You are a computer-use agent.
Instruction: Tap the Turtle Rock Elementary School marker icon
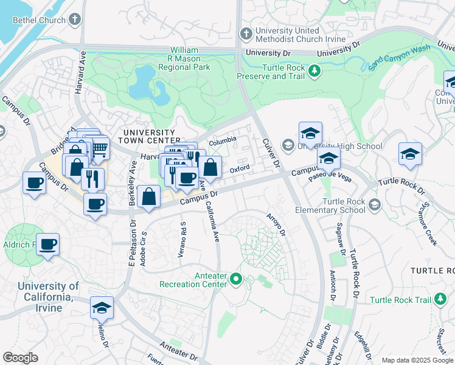[374, 204]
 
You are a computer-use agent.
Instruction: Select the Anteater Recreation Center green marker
[237, 280]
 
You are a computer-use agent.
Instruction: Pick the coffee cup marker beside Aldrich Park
[47, 245]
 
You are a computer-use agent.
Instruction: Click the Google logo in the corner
[21, 358]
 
